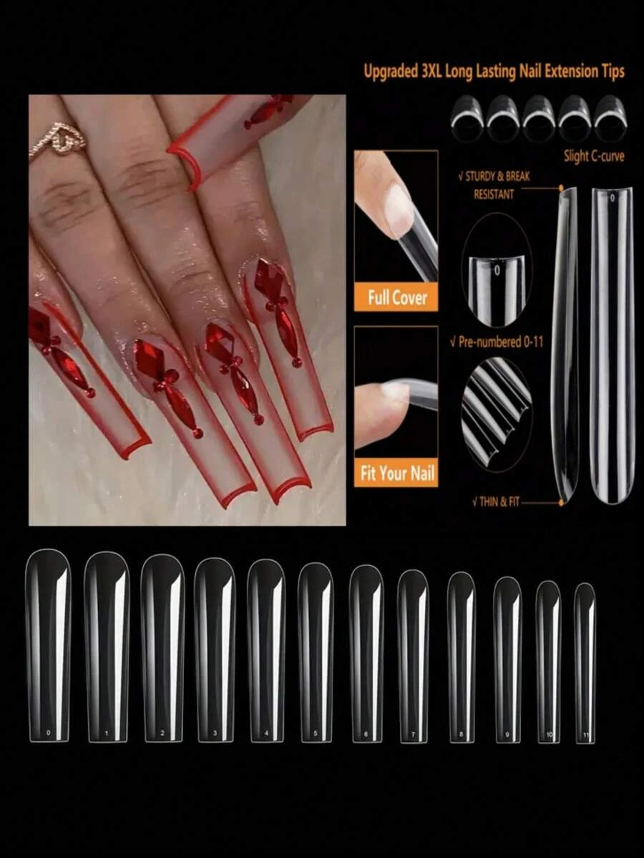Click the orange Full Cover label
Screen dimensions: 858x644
(396, 297)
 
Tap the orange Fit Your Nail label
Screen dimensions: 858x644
(396, 473)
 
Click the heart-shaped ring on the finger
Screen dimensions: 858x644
(59, 140)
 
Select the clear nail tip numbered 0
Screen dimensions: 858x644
(48, 645)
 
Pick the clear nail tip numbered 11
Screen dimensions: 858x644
(585, 662)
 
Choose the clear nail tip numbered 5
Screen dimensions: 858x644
(316, 652)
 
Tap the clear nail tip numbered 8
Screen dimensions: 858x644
(461, 657)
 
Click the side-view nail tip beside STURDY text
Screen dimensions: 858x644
(565, 344)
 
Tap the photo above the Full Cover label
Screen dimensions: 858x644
(396, 215)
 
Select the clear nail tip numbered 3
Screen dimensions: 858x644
(215, 649)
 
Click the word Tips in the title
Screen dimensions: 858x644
(609, 72)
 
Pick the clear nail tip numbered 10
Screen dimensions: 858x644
(549, 660)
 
